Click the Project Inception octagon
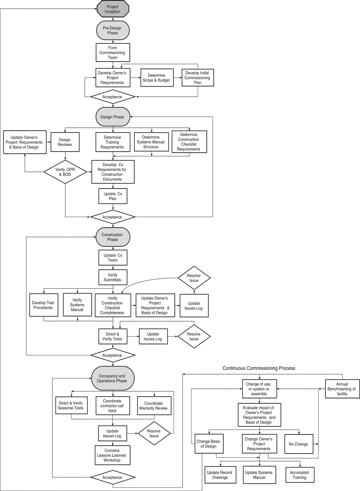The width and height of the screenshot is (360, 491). tap(113, 9)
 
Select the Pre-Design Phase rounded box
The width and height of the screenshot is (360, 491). tap(113, 30)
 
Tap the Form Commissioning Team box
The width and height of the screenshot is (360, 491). tap(113, 52)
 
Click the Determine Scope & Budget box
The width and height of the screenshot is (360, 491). tap(157, 78)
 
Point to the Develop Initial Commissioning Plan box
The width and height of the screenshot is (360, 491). tap(198, 78)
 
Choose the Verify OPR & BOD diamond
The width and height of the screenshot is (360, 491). tap(65, 172)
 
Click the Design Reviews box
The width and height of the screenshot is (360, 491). tap(65, 142)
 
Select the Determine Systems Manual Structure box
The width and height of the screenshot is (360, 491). tap(151, 142)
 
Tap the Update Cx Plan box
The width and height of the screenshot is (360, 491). tap(113, 196)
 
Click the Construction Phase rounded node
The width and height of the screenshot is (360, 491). tap(113, 237)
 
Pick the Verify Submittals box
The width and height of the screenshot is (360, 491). tap(113, 277)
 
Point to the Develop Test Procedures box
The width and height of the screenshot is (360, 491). tap(44, 305)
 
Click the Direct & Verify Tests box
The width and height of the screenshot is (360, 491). tap(113, 336)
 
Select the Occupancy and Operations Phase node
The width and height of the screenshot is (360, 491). tap(113, 378)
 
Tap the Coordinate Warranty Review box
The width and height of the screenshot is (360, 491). tap(154, 406)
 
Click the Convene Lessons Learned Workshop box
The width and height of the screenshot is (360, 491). tap(113, 455)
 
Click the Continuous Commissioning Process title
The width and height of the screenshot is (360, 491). tap(259, 368)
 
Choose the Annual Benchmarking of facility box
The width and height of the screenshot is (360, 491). tap(342, 389)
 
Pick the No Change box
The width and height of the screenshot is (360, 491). tap(299, 444)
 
